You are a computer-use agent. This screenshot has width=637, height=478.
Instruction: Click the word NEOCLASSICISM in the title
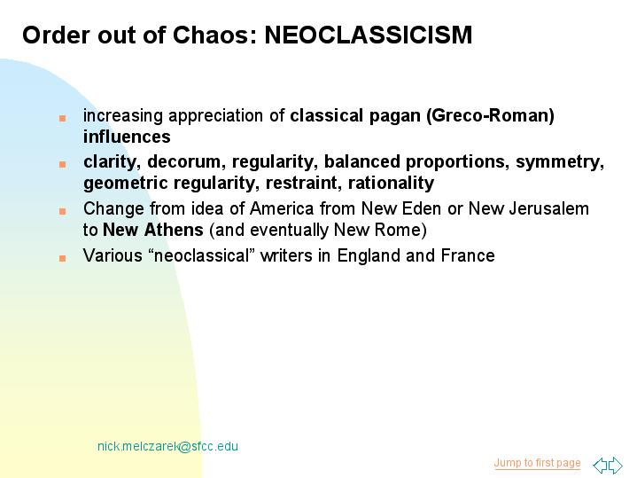369,35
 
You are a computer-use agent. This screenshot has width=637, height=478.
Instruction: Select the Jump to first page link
537,463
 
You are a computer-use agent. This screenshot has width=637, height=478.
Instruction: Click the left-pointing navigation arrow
600,465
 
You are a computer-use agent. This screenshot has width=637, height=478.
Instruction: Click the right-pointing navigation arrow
616,465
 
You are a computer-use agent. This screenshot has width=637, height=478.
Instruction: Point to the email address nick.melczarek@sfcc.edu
167,446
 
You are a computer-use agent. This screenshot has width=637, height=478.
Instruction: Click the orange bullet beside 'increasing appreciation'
62,118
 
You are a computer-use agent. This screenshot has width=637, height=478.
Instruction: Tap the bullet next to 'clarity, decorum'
62,164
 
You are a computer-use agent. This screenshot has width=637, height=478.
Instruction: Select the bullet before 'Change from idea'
62,212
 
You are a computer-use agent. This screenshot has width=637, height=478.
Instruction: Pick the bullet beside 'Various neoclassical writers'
62,258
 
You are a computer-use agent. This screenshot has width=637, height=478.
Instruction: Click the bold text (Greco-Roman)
490,116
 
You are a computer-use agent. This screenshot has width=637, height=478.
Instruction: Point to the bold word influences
127,137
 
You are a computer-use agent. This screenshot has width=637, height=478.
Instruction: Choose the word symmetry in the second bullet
560,162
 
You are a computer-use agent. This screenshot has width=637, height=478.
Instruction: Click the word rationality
392,184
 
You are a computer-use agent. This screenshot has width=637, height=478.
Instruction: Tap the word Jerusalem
548,209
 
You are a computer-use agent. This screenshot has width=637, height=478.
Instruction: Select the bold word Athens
174,231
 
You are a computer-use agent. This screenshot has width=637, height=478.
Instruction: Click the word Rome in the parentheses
400,231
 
